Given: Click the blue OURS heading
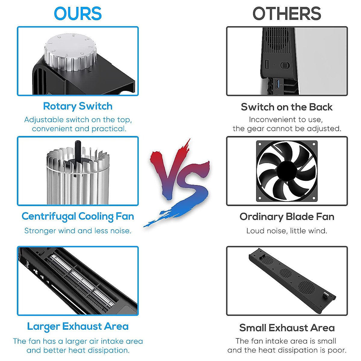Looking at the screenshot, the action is pyautogui.click(x=78, y=14).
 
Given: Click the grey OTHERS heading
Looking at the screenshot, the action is pyautogui.click(x=287, y=14).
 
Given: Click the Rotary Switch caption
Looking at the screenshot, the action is pyautogui.click(x=78, y=106).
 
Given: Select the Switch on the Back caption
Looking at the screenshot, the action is pyautogui.click(x=287, y=107).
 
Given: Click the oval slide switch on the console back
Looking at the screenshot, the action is pyautogui.click(x=285, y=65).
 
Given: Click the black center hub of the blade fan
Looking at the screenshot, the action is pyautogui.click(x=286, y=171).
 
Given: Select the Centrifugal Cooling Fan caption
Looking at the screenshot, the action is pyautogui.click(x=78, y=217).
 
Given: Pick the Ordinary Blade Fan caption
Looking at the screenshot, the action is pyautogui.click(x=287, y=217).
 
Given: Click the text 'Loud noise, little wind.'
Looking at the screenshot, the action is pyautogui.click(x=286, y=231).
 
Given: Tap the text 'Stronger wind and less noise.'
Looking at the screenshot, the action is pyautogui.click(x=78, y=231).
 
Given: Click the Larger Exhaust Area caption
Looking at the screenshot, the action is pyautogui.click(x=78, y=327).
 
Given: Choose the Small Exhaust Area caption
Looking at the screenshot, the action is pyautogui.click(x=287, y=328).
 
